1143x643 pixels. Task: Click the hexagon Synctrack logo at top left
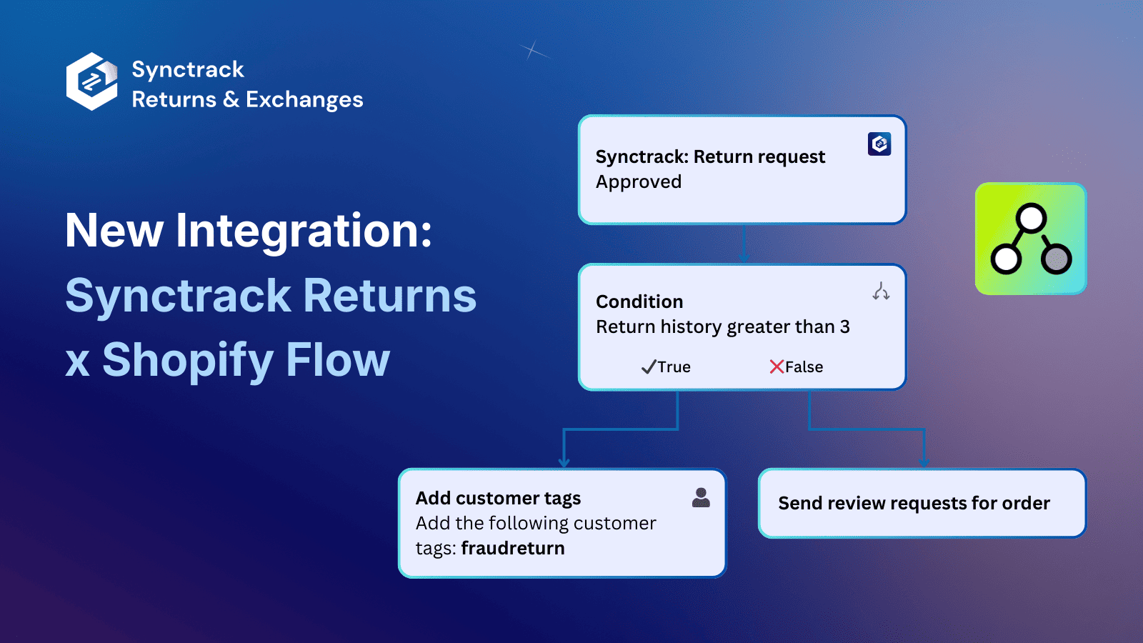tap(91, 81)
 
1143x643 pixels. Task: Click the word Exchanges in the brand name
tap(304, 100)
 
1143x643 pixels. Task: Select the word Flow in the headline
tap(338, 359)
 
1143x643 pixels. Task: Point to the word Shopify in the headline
tap(187, 359)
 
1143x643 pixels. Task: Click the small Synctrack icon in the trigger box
tap(879, 144)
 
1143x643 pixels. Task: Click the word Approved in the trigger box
tap(639, 182)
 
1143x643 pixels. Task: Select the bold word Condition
tap(639, 301)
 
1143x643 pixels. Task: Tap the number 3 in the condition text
tap(844, 327)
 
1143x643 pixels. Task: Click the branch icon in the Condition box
tap(881, 291)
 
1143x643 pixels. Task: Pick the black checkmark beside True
tap(648, 367)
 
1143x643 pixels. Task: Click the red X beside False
tap(777, 367)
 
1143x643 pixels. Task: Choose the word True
tap(674, 367)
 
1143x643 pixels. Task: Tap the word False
tap(804, 367)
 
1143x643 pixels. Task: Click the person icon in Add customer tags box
tap(701, 498)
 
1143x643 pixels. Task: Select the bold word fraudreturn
tap(512, 548)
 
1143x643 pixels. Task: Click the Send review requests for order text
tap(914, 503)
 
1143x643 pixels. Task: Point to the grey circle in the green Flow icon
tap(1056, 258)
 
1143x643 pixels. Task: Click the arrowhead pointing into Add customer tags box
tap(564, 462)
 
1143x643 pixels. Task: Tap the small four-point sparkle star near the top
tap(531, 50)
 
